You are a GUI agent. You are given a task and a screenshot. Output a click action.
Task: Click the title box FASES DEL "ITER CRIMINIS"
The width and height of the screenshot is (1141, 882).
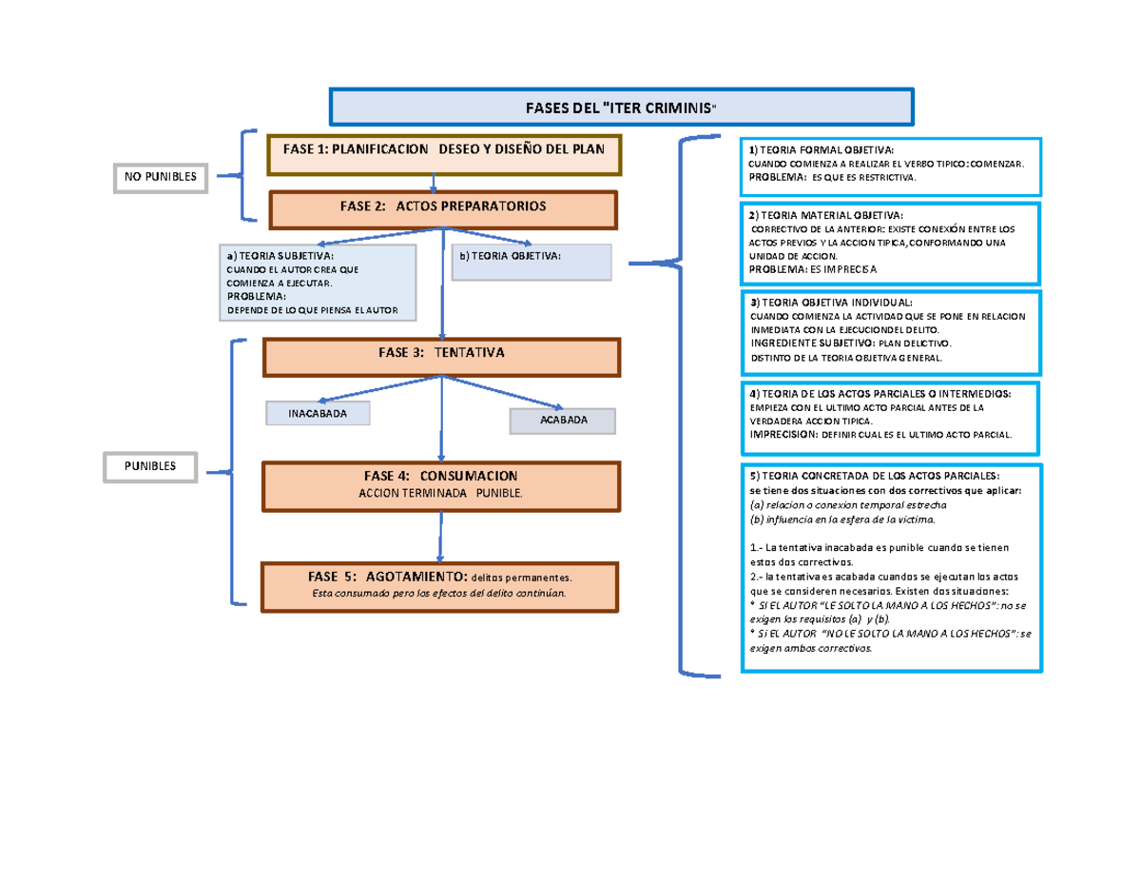point(621,106)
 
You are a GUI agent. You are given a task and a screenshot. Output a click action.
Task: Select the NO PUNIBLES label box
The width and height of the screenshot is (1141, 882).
point(160,176)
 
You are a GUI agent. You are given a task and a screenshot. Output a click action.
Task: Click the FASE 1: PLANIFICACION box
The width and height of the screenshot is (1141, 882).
point(444,155)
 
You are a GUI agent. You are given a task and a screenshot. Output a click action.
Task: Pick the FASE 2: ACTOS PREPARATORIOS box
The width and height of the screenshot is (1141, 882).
point(443,209)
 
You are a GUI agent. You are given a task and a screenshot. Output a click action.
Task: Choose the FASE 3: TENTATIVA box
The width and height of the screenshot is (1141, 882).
point(441,357)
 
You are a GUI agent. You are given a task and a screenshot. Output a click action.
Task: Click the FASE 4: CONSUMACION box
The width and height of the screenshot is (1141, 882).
point(441,485)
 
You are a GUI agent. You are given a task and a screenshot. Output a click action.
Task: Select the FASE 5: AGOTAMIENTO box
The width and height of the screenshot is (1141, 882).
point(441,585)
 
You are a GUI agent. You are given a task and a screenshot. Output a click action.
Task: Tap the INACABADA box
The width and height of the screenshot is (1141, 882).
point(318,414)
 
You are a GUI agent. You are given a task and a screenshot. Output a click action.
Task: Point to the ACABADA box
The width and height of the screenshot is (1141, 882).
point(563,421)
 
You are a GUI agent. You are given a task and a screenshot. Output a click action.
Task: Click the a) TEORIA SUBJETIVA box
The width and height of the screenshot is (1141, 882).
point(317,283)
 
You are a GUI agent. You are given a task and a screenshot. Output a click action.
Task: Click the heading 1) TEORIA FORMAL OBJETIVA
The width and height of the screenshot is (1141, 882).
point(821,151)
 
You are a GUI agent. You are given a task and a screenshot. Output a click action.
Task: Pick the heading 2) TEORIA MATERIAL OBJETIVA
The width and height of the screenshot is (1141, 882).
point(827,215)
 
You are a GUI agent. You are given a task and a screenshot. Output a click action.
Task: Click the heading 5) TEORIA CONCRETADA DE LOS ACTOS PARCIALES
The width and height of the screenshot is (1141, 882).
point(874,475)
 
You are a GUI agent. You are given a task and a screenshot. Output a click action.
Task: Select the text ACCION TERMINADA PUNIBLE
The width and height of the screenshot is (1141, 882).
point(440,494)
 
